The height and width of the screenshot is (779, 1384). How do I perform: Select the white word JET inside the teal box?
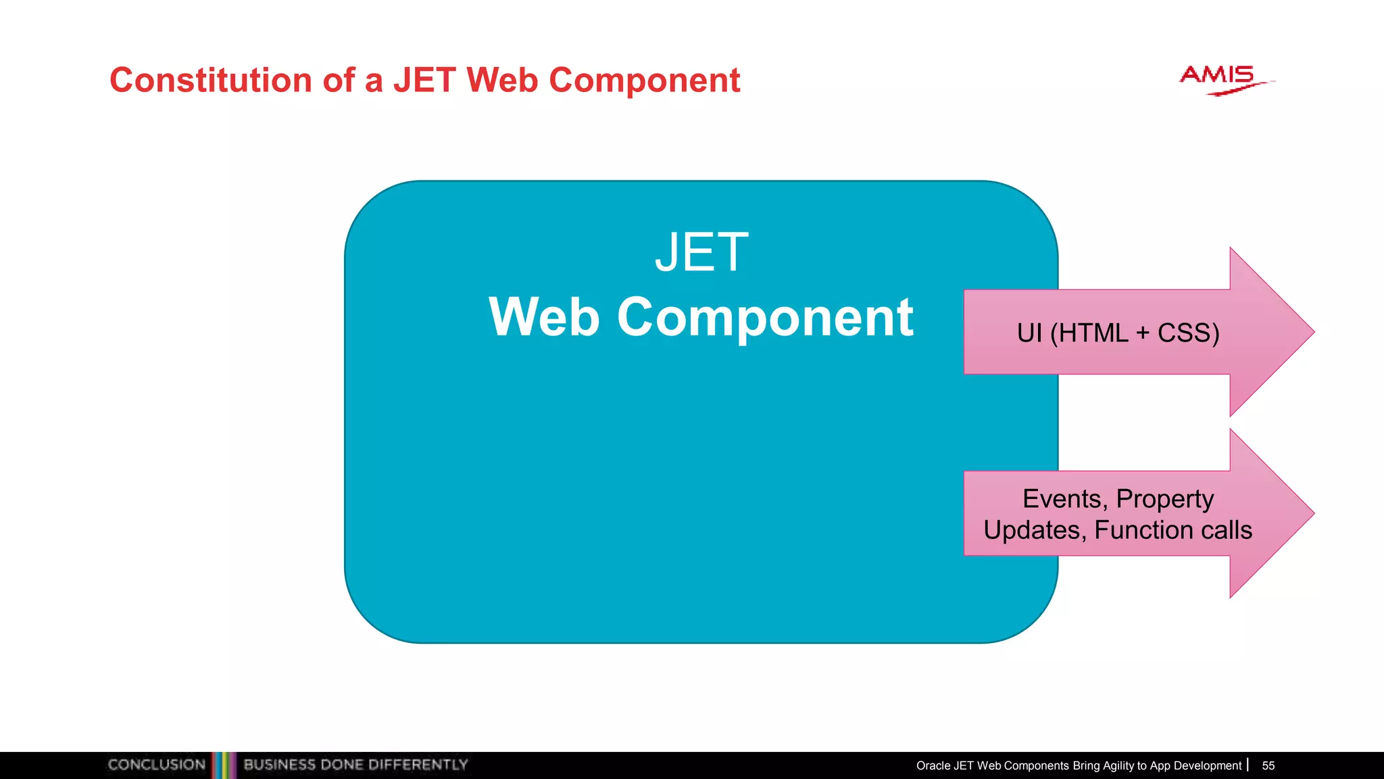[x=701, y=253]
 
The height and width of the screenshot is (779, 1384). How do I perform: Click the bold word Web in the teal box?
[x=544, y=317]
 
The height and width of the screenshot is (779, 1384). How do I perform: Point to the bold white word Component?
[x=765, y=317]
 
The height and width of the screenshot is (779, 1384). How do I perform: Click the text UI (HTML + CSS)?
[x=1118, y=333]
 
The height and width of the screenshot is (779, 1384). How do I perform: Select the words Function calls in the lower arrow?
[x=1172, y=530]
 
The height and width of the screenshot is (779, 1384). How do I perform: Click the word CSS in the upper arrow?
[x=1187, y=333]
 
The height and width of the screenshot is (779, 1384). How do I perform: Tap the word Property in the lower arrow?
[x=1164, y=499]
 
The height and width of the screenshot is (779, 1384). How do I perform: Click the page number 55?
[x=1268, y=765]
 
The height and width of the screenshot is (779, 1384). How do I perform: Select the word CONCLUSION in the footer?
[x=156, y=765]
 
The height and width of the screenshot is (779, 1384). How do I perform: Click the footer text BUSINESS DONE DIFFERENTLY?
[x=355, y=765]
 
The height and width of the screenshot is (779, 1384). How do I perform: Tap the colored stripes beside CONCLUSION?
[x=224, y=765]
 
